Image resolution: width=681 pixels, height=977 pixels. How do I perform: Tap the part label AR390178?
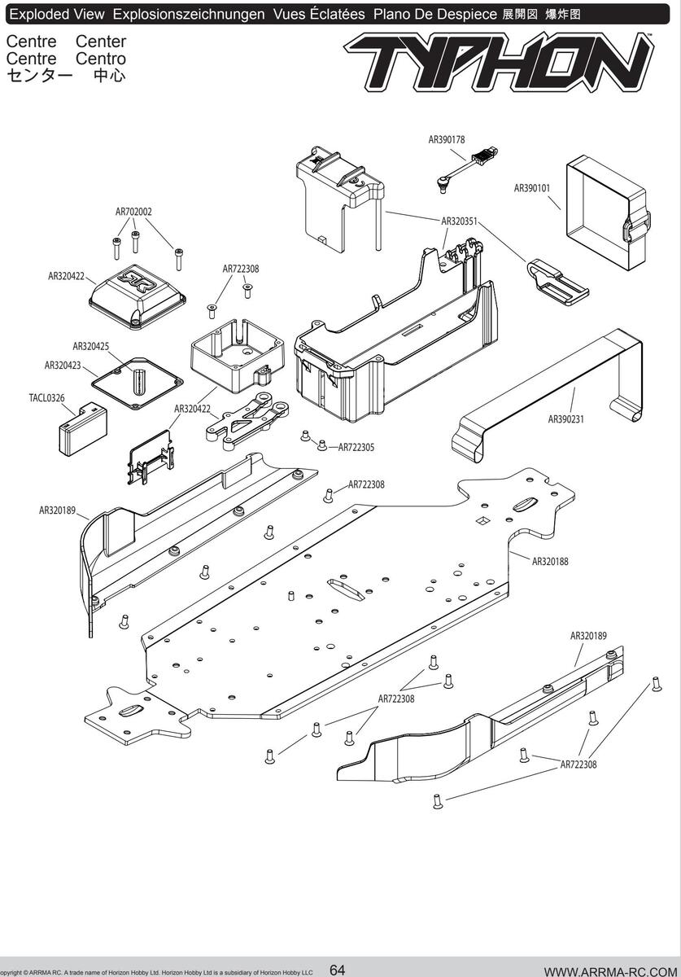point(447,139)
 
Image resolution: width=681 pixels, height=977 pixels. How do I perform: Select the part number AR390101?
point(532,188)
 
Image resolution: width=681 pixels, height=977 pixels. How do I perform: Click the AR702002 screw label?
point(133,212)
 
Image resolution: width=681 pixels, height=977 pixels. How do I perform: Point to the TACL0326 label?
point(46,398)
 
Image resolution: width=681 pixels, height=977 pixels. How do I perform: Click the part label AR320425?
point(90,346)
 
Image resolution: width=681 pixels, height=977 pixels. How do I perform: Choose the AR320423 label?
point(63,366)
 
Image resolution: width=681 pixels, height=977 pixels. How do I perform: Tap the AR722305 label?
point(356,447)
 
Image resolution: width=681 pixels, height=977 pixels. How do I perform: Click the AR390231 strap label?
point(566,419)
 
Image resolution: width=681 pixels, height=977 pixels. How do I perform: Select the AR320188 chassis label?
point(550,561)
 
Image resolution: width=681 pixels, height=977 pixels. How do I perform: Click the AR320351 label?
point(460,221)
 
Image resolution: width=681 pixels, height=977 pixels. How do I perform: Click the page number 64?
point(338,970)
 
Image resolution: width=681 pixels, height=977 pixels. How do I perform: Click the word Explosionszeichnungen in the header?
point(189,15)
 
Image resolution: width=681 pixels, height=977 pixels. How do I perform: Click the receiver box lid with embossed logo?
point(138,296)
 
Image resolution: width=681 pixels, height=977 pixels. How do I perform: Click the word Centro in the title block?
point(101,59)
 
